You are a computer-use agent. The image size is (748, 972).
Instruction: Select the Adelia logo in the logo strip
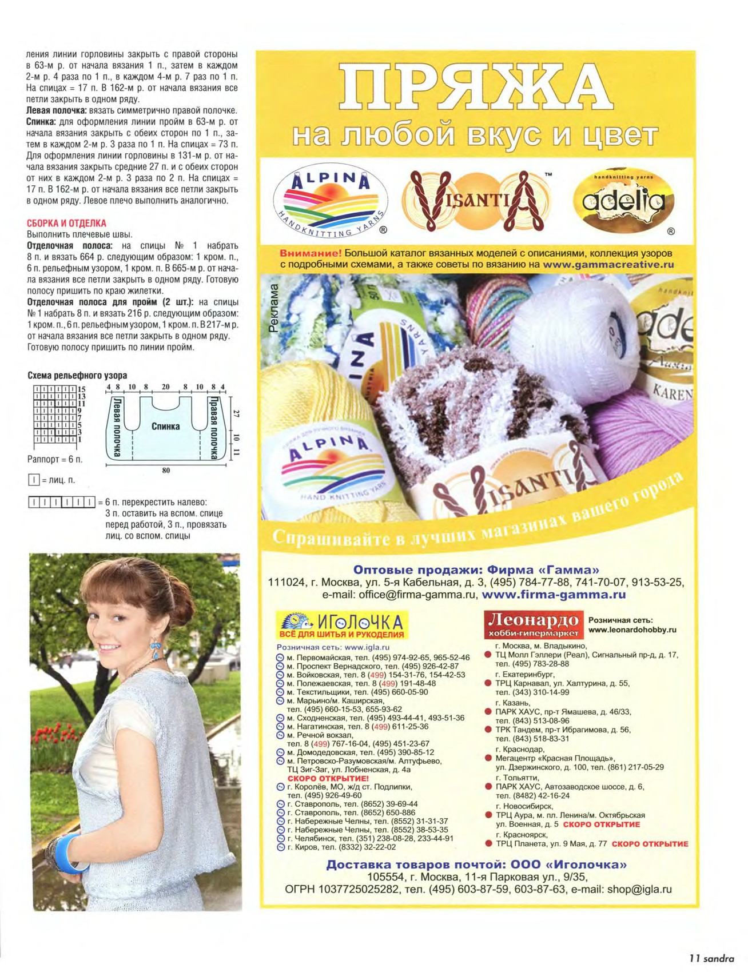(x=623, y=201)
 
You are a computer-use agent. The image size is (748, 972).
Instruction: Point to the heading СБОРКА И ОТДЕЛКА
(x=67, y=224)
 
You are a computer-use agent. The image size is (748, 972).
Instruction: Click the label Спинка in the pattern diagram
(x=165, y=427)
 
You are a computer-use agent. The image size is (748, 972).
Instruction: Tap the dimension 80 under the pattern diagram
(x=166, y=471)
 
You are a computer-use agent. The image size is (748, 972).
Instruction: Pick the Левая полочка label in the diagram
(x=117, y=427)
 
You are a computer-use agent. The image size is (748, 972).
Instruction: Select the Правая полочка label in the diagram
(x=214, y=427)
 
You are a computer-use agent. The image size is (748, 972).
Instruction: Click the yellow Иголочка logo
(x=341, y=625)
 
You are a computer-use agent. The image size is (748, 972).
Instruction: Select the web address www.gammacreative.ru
(x=608, y=265)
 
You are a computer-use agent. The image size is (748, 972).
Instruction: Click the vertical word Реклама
(x=274, y=308)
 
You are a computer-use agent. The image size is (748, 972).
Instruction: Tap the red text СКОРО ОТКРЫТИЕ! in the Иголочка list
(x=328, y=779)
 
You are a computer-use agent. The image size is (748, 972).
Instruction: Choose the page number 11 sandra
(x=711, y=958)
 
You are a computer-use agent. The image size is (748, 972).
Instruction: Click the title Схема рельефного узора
(x=77, y=376)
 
